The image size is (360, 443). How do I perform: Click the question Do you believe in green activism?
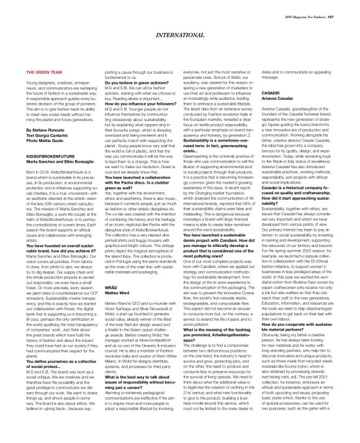coord(128,83)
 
